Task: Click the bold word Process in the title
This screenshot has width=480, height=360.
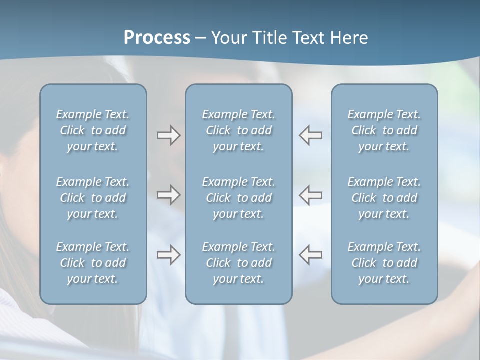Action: coord(157,38)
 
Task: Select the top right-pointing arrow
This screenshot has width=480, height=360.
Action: coord(168,135)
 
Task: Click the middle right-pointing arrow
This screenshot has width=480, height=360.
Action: coord(168,195)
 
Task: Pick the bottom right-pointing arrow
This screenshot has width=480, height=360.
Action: coord(168,255)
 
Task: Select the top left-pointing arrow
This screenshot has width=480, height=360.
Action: coord(311,135)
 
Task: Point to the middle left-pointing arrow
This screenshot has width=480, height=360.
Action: coord(311,195)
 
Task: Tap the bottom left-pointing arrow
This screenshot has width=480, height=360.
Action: coord(311,255)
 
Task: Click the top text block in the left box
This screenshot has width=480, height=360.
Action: coord(93,130)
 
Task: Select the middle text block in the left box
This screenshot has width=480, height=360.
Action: coord(93,198)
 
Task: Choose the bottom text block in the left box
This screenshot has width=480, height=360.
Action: coord(93,263)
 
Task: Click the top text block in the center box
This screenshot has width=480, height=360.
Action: coord(239,130)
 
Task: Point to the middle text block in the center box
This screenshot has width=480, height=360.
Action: coord(239,198)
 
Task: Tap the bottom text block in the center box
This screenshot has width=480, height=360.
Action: coord(239,263)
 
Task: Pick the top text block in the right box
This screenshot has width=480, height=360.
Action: coord(384,130)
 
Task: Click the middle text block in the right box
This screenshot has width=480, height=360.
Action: coord(384,198)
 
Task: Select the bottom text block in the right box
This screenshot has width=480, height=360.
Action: coord(384,263)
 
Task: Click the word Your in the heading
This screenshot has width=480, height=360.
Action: coord(228,38)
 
